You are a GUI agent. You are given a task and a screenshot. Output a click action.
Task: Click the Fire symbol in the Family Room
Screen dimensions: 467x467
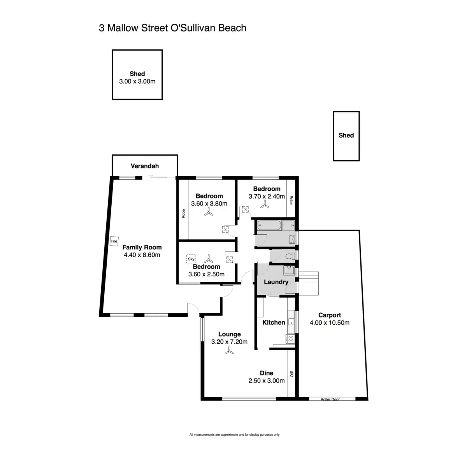tap(114, 241)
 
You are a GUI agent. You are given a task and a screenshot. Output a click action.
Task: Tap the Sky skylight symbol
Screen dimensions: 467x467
tap(191, 258)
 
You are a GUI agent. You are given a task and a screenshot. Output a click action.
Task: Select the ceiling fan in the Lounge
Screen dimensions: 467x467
tap(229, 351)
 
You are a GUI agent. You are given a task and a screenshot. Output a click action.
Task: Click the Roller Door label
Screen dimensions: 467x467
tap(330, 399)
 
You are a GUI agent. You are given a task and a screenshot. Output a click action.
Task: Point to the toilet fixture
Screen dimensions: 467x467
tap(289, 256)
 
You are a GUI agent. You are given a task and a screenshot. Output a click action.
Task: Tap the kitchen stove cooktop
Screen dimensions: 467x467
tap(290, 339)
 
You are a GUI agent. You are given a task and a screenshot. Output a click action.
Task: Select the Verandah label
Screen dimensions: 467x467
tap(144, 166)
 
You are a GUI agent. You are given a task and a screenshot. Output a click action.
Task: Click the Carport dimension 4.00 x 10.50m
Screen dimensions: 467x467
tap(330, 323)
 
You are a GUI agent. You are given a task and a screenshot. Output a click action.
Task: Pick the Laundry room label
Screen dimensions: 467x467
tap(276, 282)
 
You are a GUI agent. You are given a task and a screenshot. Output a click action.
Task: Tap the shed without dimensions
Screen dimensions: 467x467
tap(346, 135)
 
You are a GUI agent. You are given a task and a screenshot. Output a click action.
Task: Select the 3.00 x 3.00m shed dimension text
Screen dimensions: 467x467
tap(137, 81)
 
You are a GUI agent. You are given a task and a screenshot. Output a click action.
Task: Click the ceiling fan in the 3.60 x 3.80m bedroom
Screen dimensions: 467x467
tap(209, 212)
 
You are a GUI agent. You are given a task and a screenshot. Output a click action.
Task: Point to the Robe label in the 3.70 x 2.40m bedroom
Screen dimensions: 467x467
tap(290, 200)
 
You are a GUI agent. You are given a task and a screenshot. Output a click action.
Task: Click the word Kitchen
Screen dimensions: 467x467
tap(274, 322)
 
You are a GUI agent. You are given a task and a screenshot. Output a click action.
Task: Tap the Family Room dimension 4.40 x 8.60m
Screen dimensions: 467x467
tap(142, 255)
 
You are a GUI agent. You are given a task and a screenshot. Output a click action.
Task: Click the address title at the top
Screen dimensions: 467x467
tap(172, 28)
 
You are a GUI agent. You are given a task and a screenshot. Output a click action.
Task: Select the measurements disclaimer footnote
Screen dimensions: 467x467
tap(234, 435)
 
